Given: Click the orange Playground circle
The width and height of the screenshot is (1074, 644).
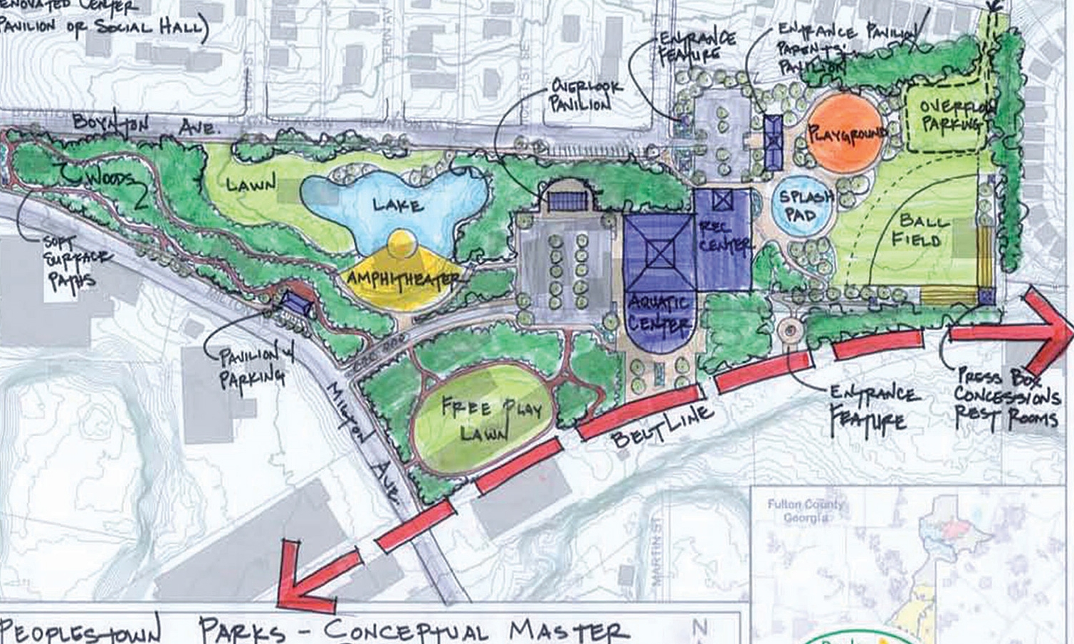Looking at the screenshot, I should [845, 133].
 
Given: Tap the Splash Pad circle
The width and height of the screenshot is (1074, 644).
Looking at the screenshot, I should [802, 204].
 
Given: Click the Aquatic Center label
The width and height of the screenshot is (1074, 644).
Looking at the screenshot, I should [659, 311].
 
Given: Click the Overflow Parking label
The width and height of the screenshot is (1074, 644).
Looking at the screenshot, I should [951, 116].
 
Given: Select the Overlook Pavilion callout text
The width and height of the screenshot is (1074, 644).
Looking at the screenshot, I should [586, 95].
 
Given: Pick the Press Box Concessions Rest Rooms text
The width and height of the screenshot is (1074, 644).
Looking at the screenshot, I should [1006, 397].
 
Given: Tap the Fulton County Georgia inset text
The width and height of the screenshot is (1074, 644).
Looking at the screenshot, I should [806, 511].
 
